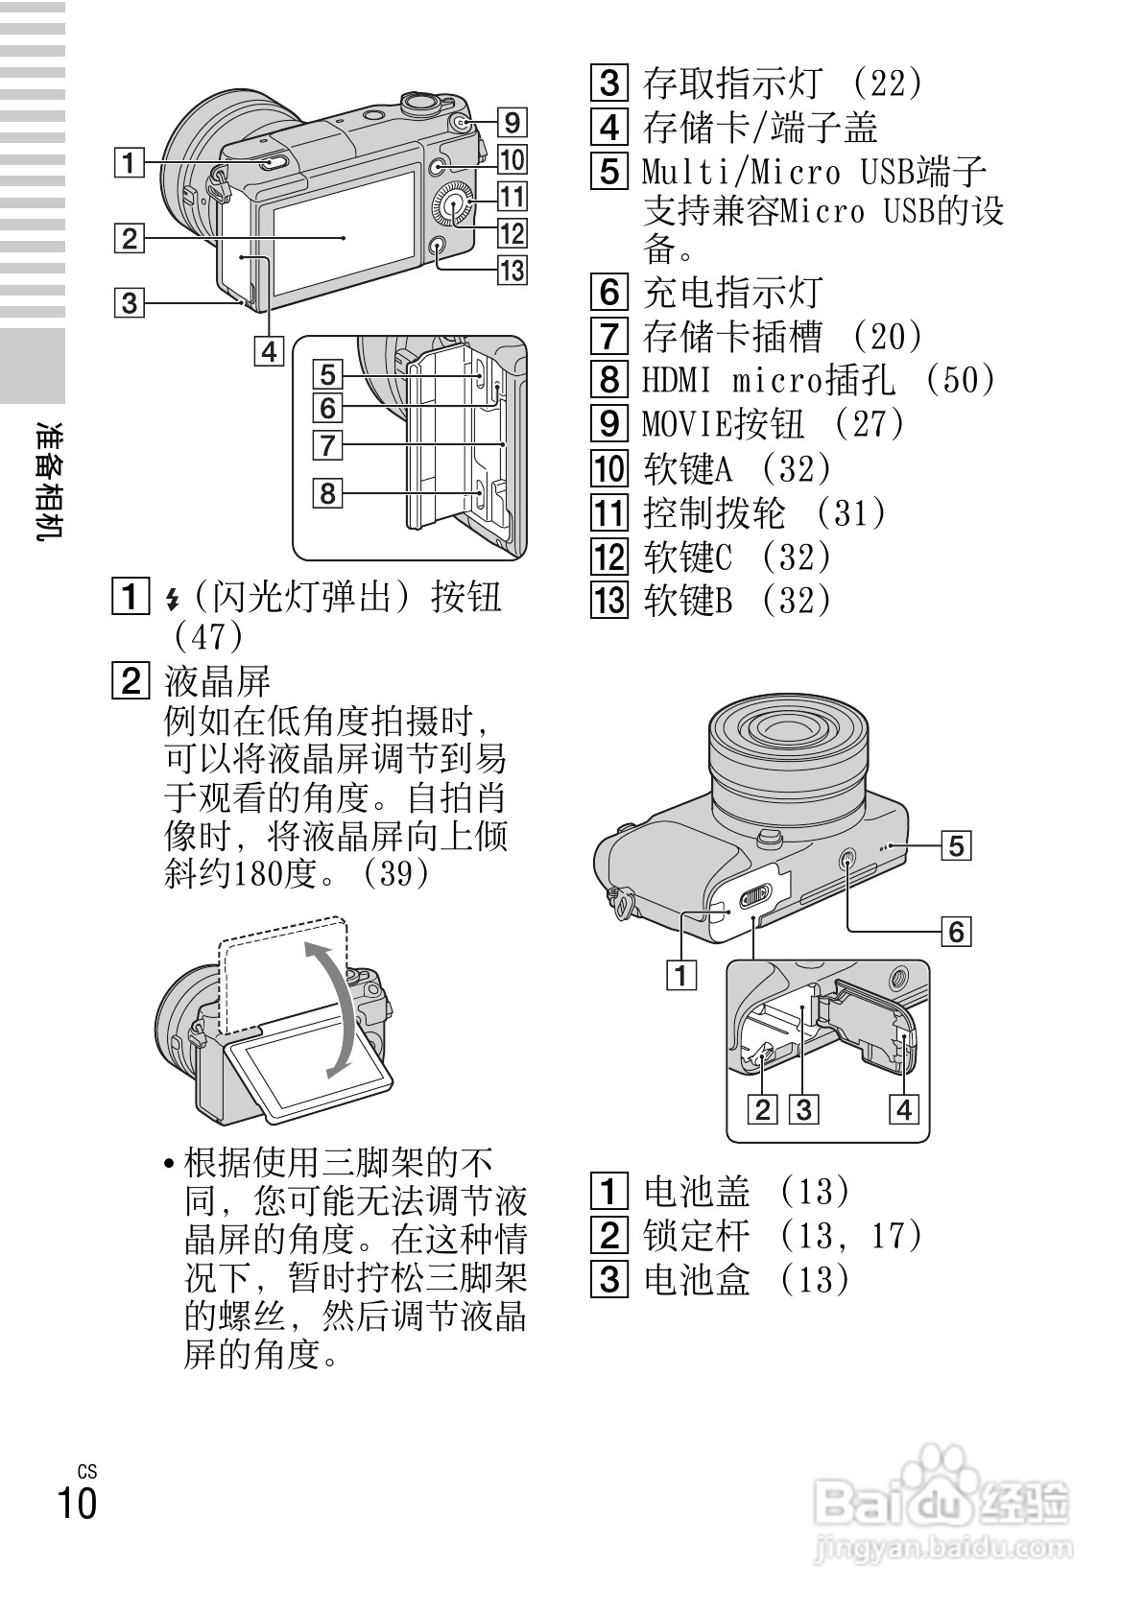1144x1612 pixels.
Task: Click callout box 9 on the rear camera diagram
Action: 512,122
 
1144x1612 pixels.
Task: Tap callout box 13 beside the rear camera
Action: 512,271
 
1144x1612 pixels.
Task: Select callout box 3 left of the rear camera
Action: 129,303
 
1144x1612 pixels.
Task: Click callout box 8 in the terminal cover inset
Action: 328,493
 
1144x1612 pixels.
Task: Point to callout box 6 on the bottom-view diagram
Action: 955,931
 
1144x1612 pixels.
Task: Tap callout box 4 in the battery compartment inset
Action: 903,1110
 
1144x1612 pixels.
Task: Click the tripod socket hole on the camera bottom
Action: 848,861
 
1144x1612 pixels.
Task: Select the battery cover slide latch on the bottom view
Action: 756,895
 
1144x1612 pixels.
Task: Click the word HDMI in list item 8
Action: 677,381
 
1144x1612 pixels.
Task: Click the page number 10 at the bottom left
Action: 77,1503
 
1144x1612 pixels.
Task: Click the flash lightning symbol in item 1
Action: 173,599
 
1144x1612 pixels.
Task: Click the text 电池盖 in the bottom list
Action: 696,1192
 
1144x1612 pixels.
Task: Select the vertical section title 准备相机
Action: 49,480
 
